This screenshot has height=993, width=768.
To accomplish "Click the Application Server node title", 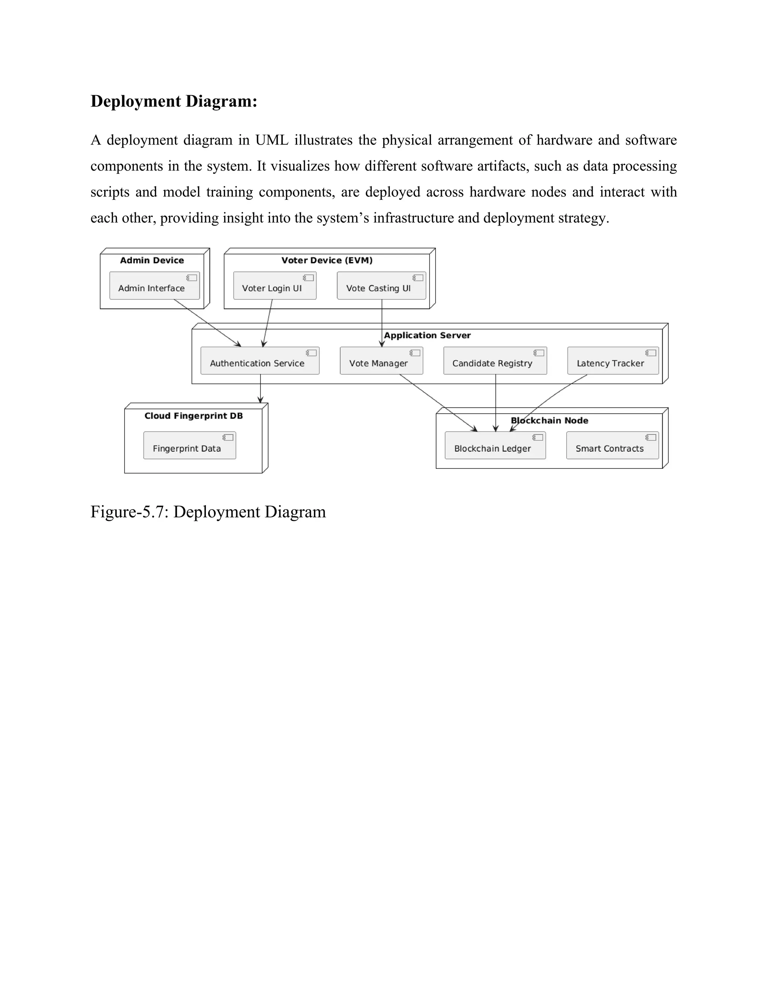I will pos(427,335).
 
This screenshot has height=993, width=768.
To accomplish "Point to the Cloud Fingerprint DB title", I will pos(193,416).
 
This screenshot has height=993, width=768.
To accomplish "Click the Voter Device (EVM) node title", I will pos(327,260).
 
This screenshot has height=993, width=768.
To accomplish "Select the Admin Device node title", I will pos(152,260).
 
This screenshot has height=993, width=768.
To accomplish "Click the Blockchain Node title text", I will pos(549,420).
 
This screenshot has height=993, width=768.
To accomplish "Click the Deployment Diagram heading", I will pos(174,101).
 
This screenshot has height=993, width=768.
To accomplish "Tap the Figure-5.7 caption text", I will pos(208,512).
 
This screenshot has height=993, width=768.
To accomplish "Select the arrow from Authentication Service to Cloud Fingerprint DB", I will pos(260,389).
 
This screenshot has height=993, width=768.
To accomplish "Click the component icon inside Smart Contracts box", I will pos(651,437).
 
